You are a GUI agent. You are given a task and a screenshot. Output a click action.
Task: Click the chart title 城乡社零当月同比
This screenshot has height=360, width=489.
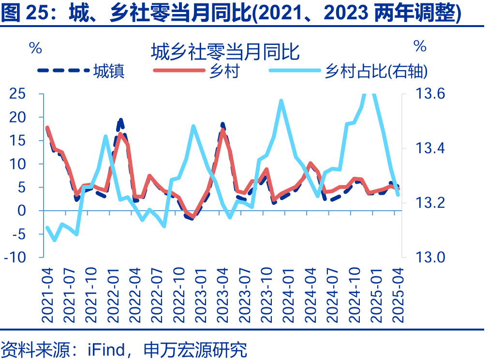coord(224,51)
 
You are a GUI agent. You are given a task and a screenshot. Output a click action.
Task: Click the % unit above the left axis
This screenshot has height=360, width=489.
coord(35,47)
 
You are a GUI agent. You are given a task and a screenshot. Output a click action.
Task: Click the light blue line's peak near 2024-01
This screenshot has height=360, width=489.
coord(282,101)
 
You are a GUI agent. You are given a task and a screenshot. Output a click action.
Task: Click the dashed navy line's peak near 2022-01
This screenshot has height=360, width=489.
coord(121,120)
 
